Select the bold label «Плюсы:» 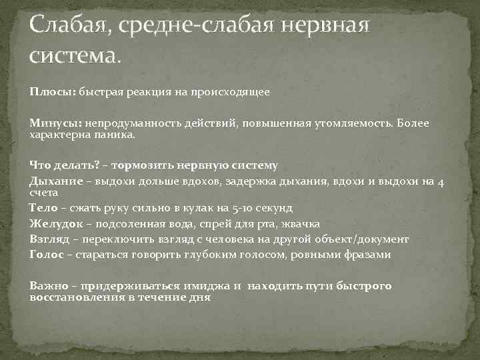click(x=53, y=92)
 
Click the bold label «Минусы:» click(x=55, y=124)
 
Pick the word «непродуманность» click(x=125, y=124)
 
